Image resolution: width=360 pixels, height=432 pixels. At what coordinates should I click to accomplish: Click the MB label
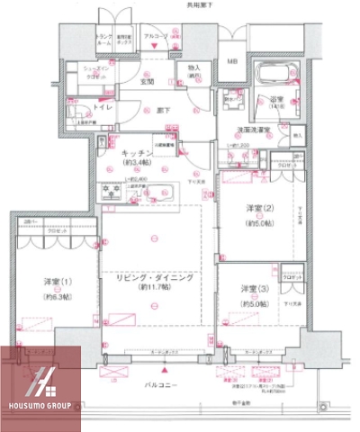click(x=231, y=61)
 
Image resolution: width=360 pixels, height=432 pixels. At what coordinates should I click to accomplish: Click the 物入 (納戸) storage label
click(x=193, y=72)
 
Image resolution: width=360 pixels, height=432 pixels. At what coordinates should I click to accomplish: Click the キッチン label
click(x=139, y=154)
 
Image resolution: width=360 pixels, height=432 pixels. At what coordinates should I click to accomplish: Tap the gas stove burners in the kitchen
click(x=114, y=190)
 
